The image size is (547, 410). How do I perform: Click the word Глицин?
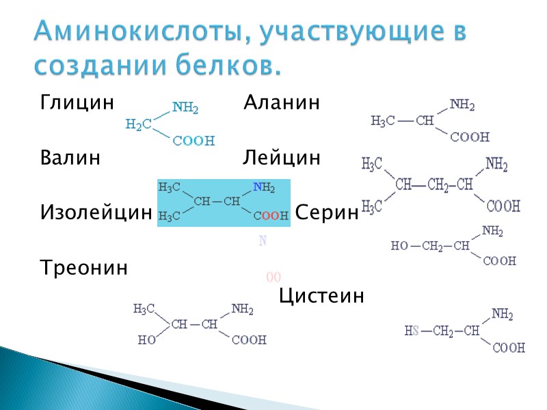(76, 104)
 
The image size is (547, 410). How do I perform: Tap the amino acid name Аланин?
(282, 104)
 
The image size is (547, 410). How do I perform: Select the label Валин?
(70, 159)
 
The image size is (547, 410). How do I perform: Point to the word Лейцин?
(281, 159)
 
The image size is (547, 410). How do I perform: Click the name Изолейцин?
(95, 213)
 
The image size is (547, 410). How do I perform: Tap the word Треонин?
(83, 268)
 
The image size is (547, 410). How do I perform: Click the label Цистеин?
(321, 297)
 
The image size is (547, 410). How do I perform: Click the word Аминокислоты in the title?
(136, 31)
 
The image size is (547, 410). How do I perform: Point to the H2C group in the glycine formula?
(139, 124)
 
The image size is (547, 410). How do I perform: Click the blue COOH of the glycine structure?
(194, 141)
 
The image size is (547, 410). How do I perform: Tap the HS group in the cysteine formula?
(412, 331)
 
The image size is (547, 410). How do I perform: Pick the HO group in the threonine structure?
(147, 340)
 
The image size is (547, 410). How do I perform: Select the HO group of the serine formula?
(399, 246)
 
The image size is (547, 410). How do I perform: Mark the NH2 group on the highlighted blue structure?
(264, 187)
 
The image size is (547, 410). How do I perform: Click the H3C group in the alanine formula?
(383, 122)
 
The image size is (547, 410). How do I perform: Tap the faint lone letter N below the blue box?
(263, 241)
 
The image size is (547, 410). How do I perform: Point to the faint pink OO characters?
(273, 277)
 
